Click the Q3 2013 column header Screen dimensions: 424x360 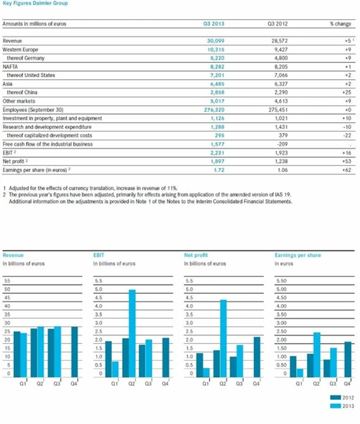[x=214, y=25]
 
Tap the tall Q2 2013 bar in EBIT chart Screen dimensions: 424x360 [x=132, y=333]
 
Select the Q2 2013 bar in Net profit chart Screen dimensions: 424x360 [x=223, y=338]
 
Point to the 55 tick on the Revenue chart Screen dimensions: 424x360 [x=7, y=280]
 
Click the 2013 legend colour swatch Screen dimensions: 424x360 [x=334, y=405]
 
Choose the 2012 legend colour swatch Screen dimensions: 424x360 [x=334, y=398]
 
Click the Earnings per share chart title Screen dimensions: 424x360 [x=298, y=255]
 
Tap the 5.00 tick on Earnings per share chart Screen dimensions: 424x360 [x=281, y=289]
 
